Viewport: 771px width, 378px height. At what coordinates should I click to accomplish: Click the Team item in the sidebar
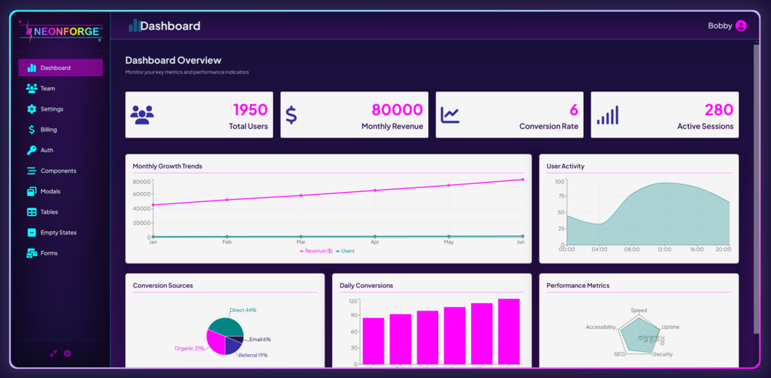coord(48,88)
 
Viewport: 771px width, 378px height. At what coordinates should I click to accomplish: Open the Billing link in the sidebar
coord(48,130)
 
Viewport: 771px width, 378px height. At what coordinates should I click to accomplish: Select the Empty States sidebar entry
coord(58,233)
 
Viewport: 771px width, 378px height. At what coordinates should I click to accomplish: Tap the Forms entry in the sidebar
coord(48,254)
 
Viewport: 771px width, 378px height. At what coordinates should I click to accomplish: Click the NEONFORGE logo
coord(61,31)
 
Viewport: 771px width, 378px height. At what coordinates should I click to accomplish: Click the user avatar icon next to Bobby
coord(741,26)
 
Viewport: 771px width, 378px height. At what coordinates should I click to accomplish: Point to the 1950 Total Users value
coord(250,110)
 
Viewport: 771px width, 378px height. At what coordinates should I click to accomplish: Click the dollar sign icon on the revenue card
coord(292,114)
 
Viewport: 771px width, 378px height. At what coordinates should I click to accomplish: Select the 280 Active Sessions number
coord(719,110)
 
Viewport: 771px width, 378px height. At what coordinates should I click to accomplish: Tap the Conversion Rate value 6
coord(574,110)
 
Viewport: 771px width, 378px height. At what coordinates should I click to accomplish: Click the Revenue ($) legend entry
coord(316,251)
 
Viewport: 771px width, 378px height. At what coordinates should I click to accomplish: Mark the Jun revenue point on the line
coord(523,180)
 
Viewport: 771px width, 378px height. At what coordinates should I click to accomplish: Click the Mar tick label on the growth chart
coord(301,242)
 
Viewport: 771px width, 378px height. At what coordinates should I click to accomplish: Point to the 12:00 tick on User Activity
coord(664,250)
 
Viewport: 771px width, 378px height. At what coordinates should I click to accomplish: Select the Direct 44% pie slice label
coord(243,310)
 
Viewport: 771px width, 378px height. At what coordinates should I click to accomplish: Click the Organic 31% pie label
coord(189,349)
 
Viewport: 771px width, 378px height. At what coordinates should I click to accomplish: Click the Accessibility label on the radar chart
coord(601,327)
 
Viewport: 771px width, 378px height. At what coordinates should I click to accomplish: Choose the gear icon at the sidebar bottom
coord(68,353)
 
